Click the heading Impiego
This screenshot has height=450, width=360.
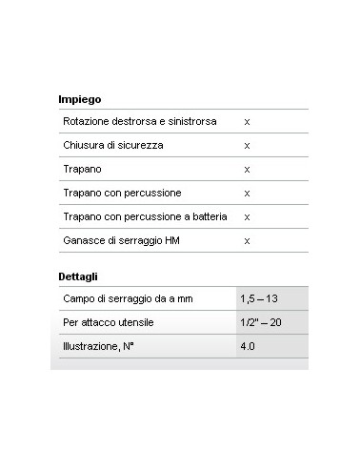pyautogui.click(x=80, y=99)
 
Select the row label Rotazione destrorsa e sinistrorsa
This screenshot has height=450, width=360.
pyautogui.click(x=139, y=122)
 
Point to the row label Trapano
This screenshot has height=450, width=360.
pyautogui.click(x=81, y=169)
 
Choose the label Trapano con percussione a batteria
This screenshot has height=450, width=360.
pyautogui.click(x=145, y=216)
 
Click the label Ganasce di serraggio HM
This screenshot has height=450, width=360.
pyautogui.click(x=120, y=240)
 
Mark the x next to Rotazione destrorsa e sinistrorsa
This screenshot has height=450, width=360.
pyautogui.click(x=247, y=122)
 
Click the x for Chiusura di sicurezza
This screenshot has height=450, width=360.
pyautogui.click(x=247, y=146)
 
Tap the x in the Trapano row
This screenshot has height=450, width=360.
pyautogui.click(x=247, y=169)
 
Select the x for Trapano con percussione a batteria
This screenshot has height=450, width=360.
pyautogui.click(x=247, y=216)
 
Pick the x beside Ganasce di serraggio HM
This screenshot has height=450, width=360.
pyautogui.click(x=247, y=240)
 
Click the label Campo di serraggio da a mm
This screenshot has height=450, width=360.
pyautogui.click(x=128, y=299)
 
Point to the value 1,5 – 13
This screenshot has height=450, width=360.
pyautogui.click(x=260, y=299)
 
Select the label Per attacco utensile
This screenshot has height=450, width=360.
pyautogui.click(x=109, y=323)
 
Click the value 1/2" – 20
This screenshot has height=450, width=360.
pyautogui.click(x=260, y=323)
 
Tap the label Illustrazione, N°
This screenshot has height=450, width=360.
pyautogui.click(x=99, y=347)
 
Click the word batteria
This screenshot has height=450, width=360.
pyautogui.click(x=208, y=216)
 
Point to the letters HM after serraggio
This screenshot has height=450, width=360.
pyautogui.click(x=171, y=240)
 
